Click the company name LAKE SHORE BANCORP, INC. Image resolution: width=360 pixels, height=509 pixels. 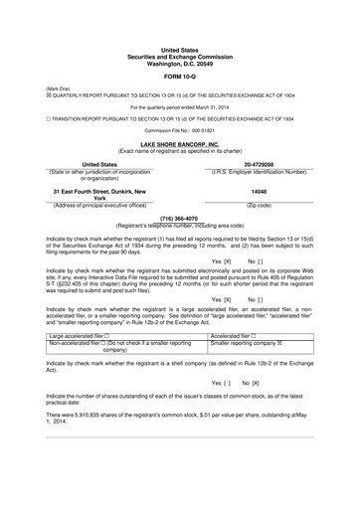(179, 143)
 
